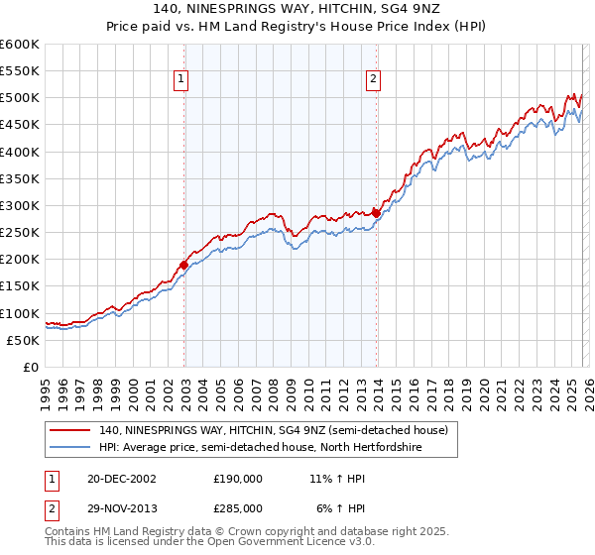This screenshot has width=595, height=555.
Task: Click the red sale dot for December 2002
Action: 184,265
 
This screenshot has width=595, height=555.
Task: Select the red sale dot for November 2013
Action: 377,213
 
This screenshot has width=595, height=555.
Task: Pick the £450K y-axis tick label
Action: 20,125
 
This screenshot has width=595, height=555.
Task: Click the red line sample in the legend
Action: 71,431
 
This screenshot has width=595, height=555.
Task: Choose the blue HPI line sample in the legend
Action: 71,448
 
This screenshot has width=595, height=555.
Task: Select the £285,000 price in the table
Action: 238,507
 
